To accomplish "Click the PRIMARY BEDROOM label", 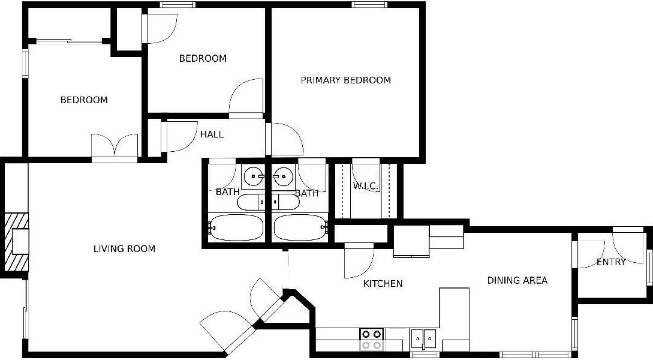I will tap(345, 80).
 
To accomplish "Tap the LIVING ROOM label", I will tap(124, 248).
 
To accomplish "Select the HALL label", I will tap(212, 134).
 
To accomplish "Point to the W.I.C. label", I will tap(365, 186).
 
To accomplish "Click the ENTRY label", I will tap(611, 262).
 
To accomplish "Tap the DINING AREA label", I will tap(517, 280).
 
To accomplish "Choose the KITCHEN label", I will tap(383, 283).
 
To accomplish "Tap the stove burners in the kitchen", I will tap(372, 339).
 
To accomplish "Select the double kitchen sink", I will tap(424, 340).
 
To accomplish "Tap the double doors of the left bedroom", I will tap(115, 145).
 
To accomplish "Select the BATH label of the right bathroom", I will tap(306, 193).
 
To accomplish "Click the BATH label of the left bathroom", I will tap(227, 192).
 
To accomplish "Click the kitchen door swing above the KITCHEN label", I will tap(358, 262).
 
